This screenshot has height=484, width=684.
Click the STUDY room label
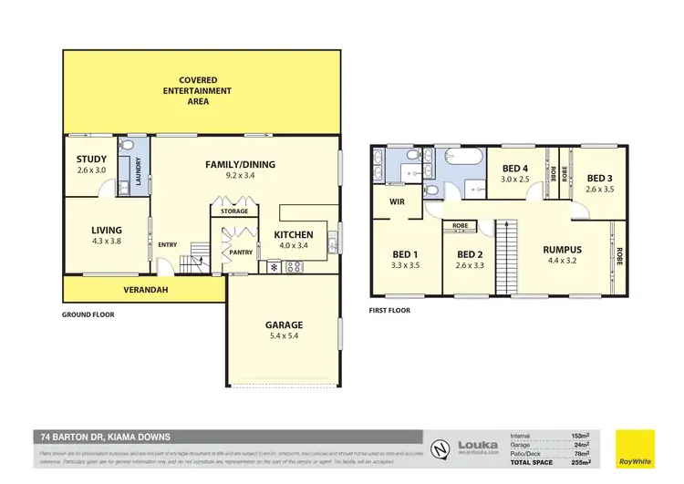[91, 159]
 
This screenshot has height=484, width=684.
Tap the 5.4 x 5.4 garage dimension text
[285, 337]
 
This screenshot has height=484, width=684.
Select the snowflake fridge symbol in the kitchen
[273, 267]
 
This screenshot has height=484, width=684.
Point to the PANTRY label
[240, 252]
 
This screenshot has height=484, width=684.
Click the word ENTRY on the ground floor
[167, 243]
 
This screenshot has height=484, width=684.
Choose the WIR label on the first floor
[397, 202]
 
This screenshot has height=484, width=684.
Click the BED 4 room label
[515, 168]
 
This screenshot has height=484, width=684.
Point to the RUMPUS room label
[563, 249]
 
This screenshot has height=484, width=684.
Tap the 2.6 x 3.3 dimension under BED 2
[469, 266]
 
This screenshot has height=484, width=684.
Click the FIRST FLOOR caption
[390, 310]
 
